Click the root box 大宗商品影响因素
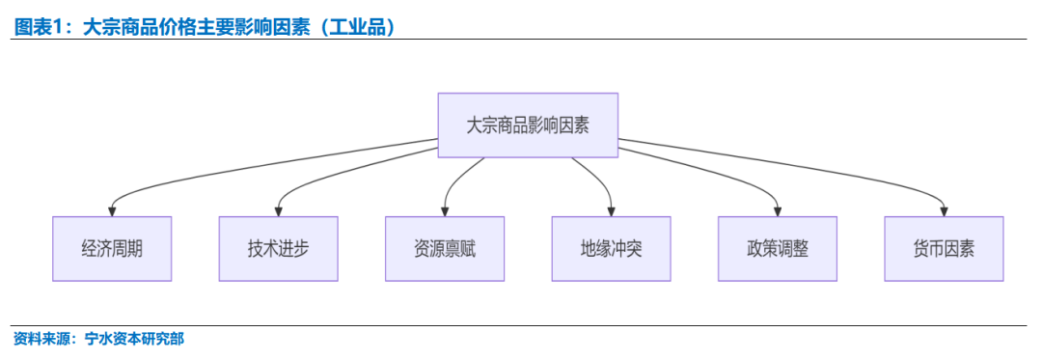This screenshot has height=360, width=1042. point(528,125)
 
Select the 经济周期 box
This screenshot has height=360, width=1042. point(112,249)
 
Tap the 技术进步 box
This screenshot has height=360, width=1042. point(278,249)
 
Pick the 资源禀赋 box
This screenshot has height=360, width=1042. point(445,249)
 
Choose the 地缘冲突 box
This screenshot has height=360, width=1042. point(611,249)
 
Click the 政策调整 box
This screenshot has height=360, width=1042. point(778,249)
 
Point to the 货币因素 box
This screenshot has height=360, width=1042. point(944,249)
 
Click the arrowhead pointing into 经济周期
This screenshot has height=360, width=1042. point(112,210)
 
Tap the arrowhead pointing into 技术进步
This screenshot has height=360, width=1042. point(278,210)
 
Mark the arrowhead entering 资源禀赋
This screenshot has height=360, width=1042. point(445,210)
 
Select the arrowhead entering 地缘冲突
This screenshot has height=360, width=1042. point(611,210)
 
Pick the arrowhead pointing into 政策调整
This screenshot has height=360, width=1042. point(778,210)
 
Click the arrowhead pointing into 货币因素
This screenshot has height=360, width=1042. point(944,210)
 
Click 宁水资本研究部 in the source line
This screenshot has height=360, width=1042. point(134,339)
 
